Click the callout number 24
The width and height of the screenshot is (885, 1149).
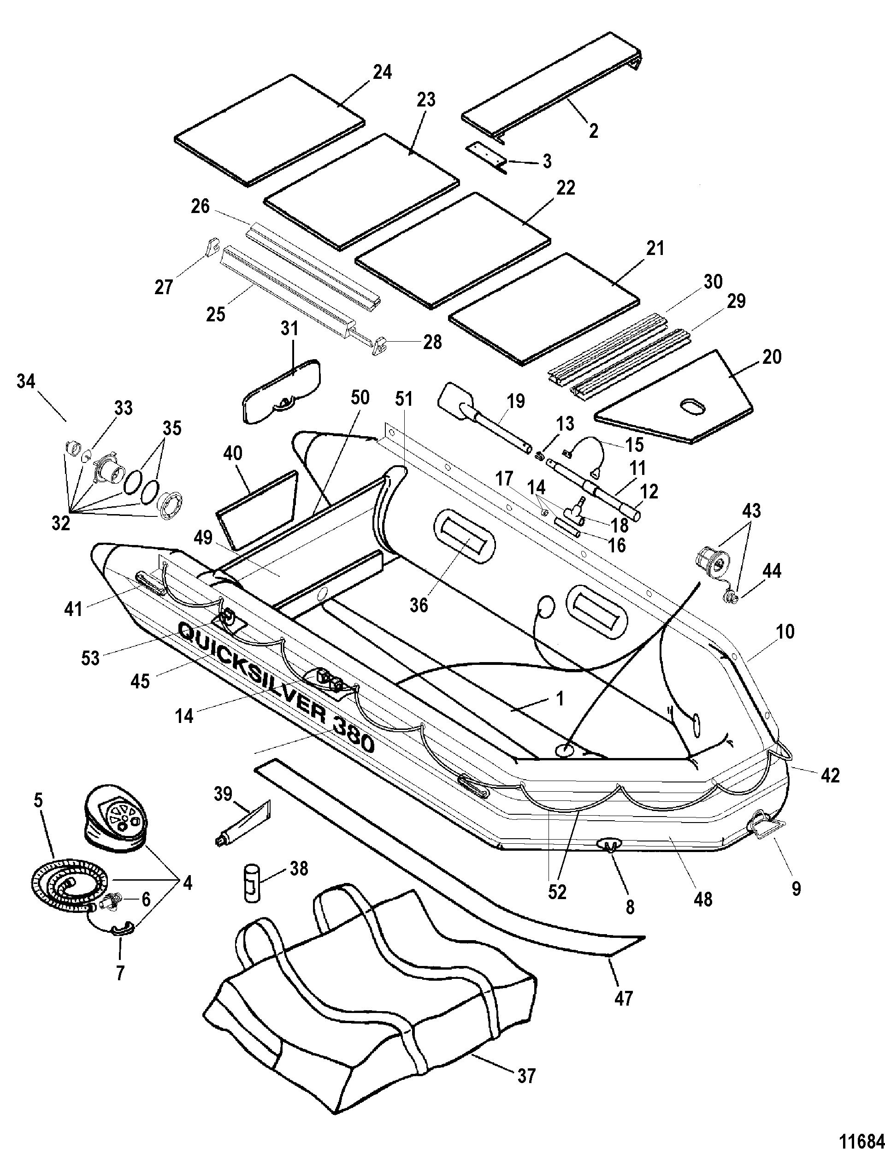click(382, 72)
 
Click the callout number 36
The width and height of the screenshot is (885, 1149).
click(419, 605)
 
